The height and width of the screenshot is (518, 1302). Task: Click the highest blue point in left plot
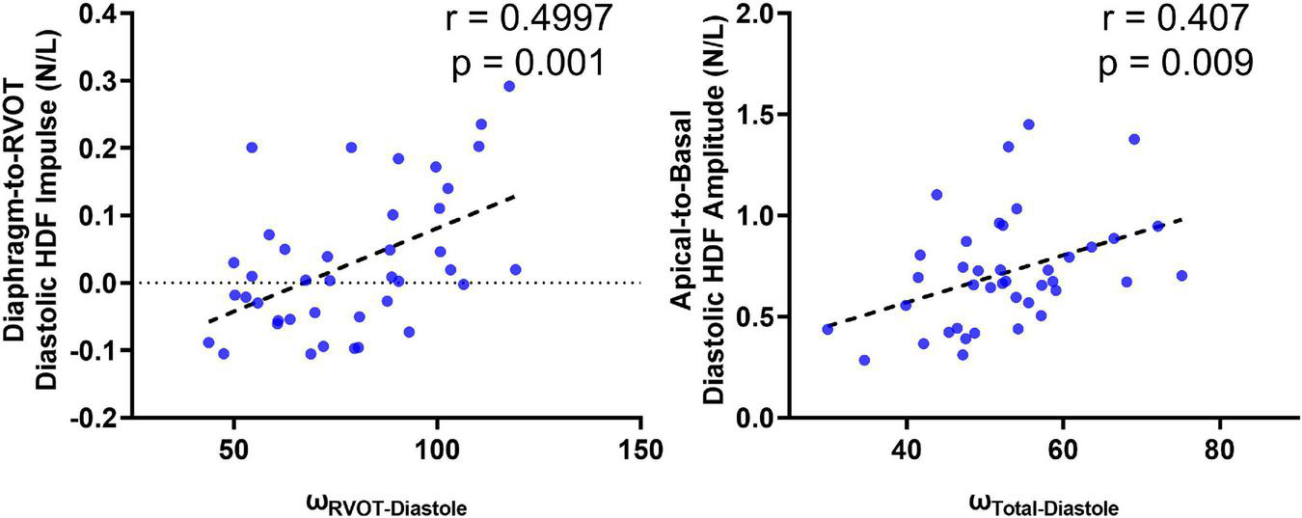point(509,86)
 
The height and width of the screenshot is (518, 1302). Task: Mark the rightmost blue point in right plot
point(1181,275)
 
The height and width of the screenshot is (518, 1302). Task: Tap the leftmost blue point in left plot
point(208,342)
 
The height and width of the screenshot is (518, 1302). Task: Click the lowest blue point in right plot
point(864,360)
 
